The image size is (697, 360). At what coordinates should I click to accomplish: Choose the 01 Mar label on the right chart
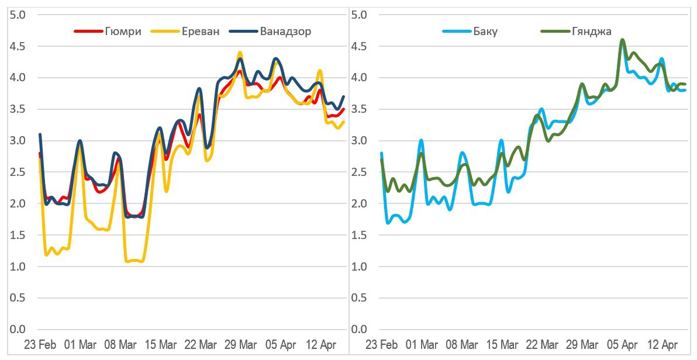[422, 344]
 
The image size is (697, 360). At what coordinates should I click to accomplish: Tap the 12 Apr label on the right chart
[663, 344]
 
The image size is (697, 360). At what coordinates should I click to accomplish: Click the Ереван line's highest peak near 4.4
[240, 53]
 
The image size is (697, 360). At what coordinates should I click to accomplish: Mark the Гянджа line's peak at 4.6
[622, 40]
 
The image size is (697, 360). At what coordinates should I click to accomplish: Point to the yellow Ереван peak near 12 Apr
[319, 71]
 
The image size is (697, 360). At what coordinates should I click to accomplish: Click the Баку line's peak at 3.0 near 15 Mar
[501, 140]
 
